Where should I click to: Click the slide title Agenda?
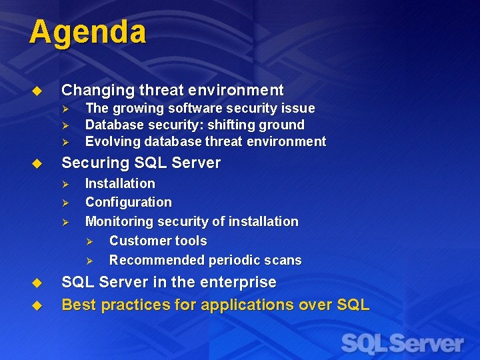pos(87,32)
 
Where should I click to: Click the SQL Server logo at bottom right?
pos(402,344)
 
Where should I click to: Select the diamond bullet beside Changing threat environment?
pos(37,91)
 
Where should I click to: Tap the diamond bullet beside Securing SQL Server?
pos(37,163)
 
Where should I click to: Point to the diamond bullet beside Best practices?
pos(37,305)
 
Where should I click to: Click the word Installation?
pos(120,183)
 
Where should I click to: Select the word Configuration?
pos(128,202)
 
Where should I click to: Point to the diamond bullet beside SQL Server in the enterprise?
pos(37,283)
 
